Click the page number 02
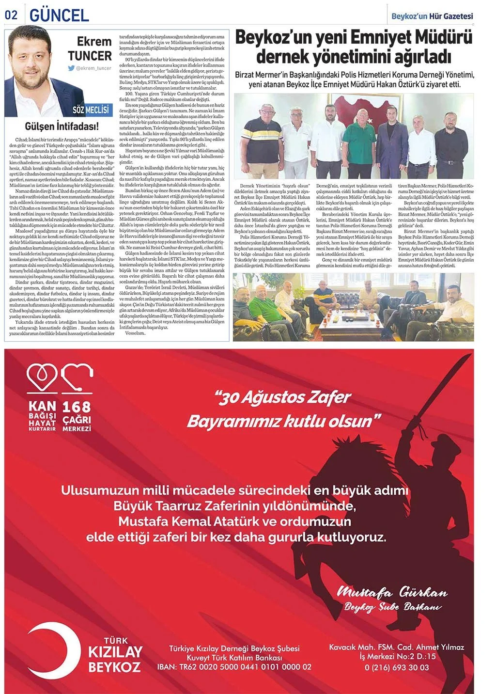click(x=11, y=15)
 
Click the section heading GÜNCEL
click(x=59, y=15)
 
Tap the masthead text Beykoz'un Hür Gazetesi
click(x=432, y=16)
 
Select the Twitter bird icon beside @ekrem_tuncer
click(x=71, y=68)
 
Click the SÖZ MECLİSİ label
click(x=91, y=110)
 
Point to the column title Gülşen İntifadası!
click(x=62, y=127)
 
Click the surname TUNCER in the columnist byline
click(x=90, y=56)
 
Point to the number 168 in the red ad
click(x=77, y=407)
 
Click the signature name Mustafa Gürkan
click(x=391, y=592)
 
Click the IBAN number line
click(x=234, y=667)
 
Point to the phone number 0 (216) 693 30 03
click(x=397, y=667)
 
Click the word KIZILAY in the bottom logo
click(x=115, y=651)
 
